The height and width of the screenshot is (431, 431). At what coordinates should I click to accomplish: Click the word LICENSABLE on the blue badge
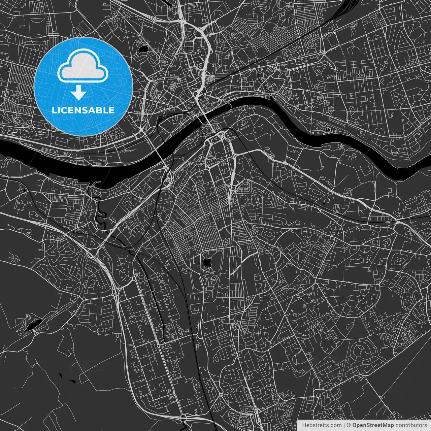83,110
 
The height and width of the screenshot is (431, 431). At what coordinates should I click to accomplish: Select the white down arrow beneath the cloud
79,93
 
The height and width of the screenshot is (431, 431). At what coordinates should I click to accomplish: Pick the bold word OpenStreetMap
373,425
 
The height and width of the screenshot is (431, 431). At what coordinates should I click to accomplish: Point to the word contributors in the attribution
411,425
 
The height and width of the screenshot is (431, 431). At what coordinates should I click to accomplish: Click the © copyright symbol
349,425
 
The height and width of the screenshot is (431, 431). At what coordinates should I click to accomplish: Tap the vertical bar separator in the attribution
344,425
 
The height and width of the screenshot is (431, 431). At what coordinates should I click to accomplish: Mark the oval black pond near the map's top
142,49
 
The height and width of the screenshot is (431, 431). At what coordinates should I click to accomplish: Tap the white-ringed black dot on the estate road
158,346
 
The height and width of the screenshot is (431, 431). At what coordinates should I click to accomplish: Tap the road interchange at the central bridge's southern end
220,135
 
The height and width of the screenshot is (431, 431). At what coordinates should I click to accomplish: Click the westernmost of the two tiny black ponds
61,374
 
